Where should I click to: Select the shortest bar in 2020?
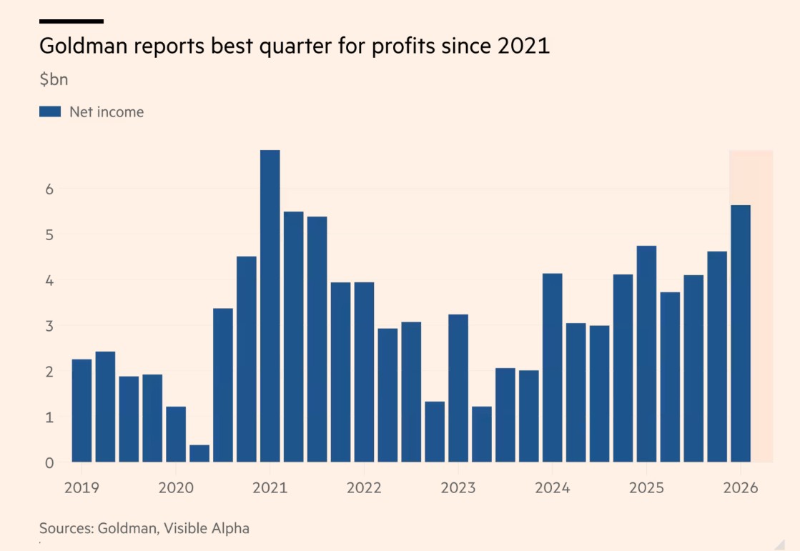coord(199,453)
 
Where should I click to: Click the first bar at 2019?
coord(82,410)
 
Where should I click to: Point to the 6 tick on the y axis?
coord(49,189)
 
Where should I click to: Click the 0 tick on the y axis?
coord(49,462)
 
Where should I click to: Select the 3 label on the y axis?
coord(49,326)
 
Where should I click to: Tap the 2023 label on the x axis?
coord(458,488)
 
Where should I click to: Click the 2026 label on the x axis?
coord(741,488)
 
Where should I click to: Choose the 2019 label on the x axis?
coord(82,488)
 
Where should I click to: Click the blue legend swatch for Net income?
coord(50,111)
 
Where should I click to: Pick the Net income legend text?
coord(107,111)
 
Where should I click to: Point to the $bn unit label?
coord(54,79)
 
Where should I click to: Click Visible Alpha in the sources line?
coord(207,529)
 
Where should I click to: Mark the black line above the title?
coord(71,21)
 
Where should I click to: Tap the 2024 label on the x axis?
coord(552,488)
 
